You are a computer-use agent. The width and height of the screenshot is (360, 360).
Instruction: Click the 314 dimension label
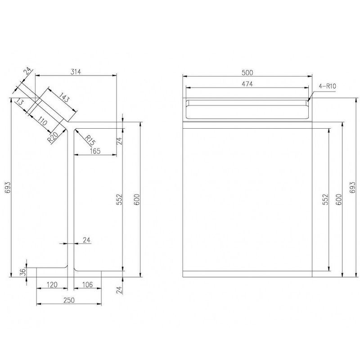(76, 72)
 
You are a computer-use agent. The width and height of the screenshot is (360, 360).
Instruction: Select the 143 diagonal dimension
(64, 97)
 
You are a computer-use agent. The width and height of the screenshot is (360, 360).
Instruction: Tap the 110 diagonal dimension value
(42, 121)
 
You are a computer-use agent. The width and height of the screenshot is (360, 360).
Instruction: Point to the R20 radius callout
(53, 137)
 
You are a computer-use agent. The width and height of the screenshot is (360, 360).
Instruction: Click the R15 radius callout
(90, 140)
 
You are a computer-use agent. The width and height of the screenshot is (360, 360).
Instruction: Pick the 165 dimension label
(95, 151)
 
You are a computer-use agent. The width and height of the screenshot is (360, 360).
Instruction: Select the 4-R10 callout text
(328, 86)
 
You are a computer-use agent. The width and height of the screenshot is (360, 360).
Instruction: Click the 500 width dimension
(247, 73)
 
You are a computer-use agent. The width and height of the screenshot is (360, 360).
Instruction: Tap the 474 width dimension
(247, 84)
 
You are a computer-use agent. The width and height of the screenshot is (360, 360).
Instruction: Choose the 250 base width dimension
(69, 300)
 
